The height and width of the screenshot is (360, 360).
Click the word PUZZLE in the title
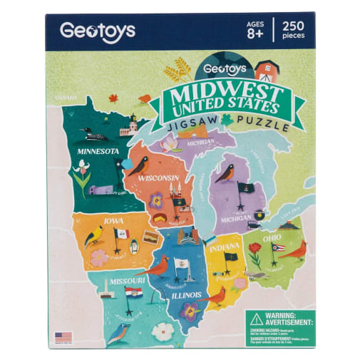click(265, 128)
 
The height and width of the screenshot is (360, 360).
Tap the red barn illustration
click(267, 69)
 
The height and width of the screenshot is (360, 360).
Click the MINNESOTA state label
click(98, 152)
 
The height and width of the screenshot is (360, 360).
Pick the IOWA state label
click(113, 221)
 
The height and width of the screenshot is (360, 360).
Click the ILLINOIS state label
click(185, 295)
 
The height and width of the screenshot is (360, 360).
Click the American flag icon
click(63, 336)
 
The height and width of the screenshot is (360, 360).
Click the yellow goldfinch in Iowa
click(93, 235)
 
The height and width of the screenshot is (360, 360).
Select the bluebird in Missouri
click(118, 331)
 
